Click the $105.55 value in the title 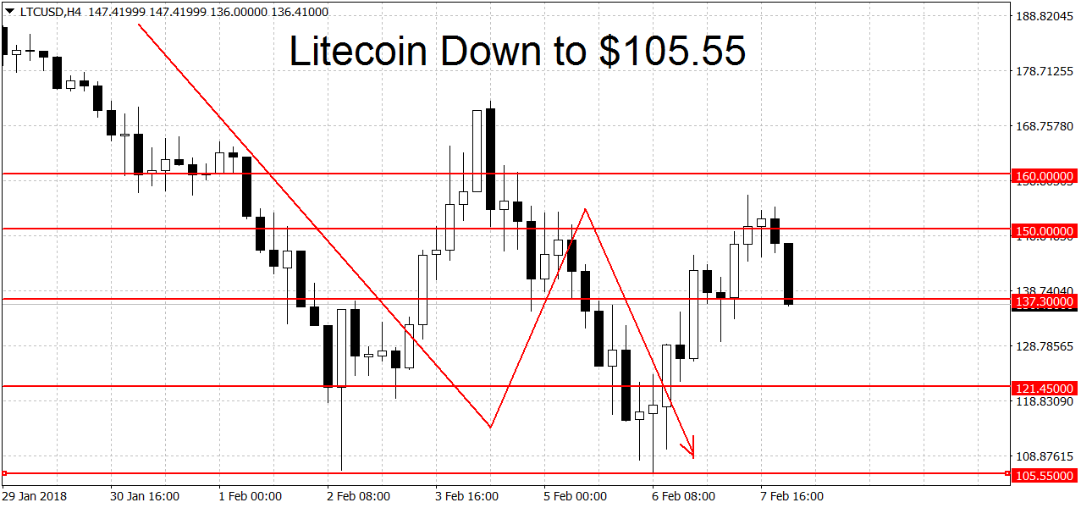(673, 51)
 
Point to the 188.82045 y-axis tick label (1044, 16)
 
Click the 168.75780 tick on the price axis (1044, 126)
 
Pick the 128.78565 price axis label (1044, 346)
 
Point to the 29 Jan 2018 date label (35, 495)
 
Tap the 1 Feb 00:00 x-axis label (250, 495)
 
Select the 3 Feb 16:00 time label (466, 495)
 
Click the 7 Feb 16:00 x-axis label (791, 495)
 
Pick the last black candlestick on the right (789, 273)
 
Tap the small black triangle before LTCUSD (8, 12)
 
